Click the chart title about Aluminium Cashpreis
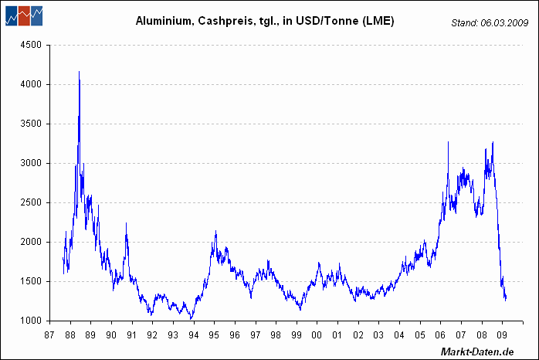click(x=265, y=22)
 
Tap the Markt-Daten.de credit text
click(x=476, y=352)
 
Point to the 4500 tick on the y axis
click(x=30, y=45)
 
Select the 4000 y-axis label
click(x=30, y=84)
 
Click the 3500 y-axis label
click(x=30, y=124)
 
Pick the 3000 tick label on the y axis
click(x=30, y=163)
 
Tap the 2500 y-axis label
click(x=30, y=202)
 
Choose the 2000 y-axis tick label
click(x=30, y=242)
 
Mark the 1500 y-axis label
click(x=30, y=281)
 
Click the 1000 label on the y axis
click(x=30, y=321)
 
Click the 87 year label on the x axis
click(x=50, y=335)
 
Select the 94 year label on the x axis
click(x=194, y=335)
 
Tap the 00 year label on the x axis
click(x=317, y=335)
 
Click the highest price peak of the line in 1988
click(x=79, y=72)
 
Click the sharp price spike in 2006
click(x=449, y=142)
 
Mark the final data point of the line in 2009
click(x=506, y=300)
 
